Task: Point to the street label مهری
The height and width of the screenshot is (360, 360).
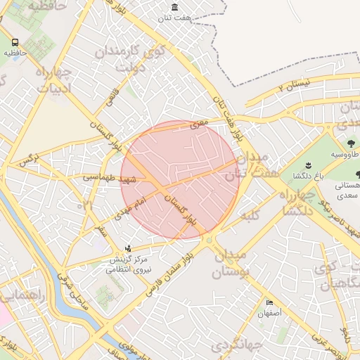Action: [x=200, y=124]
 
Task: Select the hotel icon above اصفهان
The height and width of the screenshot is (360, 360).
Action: [x=270, y=303]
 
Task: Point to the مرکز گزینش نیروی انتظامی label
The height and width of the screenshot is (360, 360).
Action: [x=128, y=262]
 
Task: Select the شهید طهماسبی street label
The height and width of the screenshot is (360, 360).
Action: [x=108, y=179]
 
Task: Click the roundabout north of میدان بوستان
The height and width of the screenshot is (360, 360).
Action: [x=210, y=240]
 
